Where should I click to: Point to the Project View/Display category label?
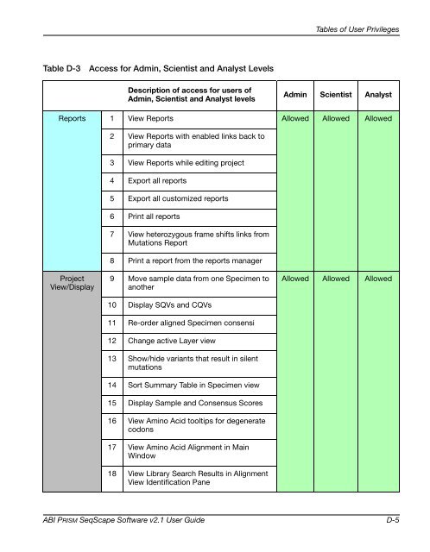pyautogui.click(x=66, y=284)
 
